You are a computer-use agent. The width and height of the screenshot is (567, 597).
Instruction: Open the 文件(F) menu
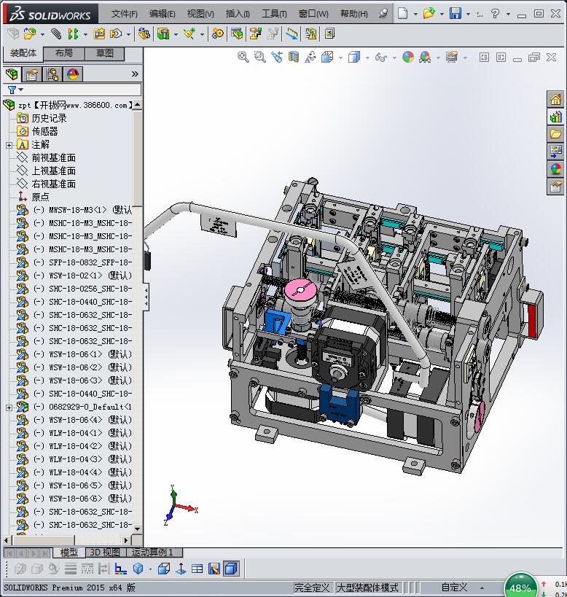point(124,14)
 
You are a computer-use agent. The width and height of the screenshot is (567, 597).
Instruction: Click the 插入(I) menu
point(238,14)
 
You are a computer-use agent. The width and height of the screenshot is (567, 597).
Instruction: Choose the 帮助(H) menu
point(354,14)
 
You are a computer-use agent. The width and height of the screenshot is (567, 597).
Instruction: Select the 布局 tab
point(63,53)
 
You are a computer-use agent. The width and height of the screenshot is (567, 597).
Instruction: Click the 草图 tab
point(105,53)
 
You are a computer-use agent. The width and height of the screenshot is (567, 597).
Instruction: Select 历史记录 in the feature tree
point(49,118)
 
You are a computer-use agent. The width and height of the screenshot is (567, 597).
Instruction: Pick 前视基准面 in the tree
point(53,157)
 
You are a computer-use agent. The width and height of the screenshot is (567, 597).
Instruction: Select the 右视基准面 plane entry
point(53,184)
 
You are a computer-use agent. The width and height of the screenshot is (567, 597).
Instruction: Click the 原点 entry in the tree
point(40,197)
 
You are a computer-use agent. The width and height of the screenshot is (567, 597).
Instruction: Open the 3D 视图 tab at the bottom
point(105,553)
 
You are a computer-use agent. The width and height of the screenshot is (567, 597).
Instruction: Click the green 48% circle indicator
point(520,587)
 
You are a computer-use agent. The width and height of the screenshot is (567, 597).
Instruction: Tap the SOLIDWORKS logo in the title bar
point(50,14)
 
